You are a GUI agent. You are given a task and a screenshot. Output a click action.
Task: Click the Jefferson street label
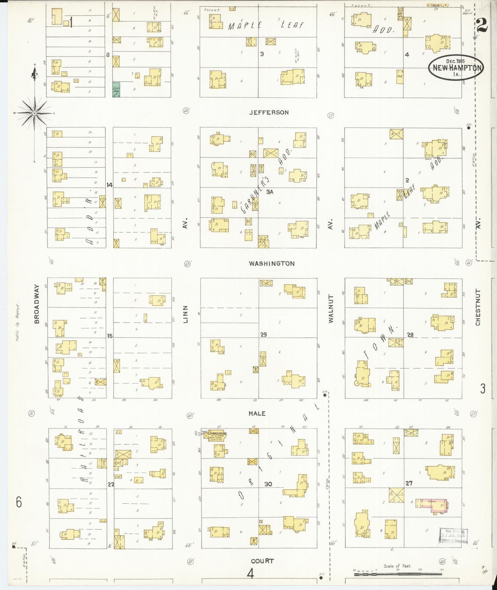pyautogui.click(x=269, y=113)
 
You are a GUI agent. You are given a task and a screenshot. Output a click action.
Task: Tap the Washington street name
pyautogui.click(x=272, y=264)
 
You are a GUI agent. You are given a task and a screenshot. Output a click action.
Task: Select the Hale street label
pyautogui.click(x=257, y=413)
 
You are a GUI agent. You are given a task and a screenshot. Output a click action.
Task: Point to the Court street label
pyautogui.click(x=262, y=561)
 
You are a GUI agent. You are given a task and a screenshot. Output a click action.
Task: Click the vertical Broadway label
pyautogui.click(x=37, y=304)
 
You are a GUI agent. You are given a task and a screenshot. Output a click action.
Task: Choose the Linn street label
pyautogui.click(x=186, y=314)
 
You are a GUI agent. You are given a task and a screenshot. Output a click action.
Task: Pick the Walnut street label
pyautogui.click(x=331, y=308)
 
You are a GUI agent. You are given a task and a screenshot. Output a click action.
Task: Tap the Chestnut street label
pyautogui.click(x=478, y=307)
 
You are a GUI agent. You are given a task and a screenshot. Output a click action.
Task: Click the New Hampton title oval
pyautogui.click(x=456, y=67)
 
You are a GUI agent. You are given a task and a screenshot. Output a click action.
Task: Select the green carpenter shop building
pyautogui.click(x=116, y=89)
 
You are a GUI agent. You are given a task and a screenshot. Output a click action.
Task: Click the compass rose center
pyautogui.click(x=34, y=113)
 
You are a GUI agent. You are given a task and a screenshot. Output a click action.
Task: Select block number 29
pyautogui.click(x=263, y=334)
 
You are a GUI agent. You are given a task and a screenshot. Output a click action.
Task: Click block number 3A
pyautogui.click(x=270, y=192)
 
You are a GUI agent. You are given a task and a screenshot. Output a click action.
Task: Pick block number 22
pyautogui.click(x=111, y=484)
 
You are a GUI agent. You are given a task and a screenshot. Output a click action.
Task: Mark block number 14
pyautogui.click(x=109, y=185)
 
